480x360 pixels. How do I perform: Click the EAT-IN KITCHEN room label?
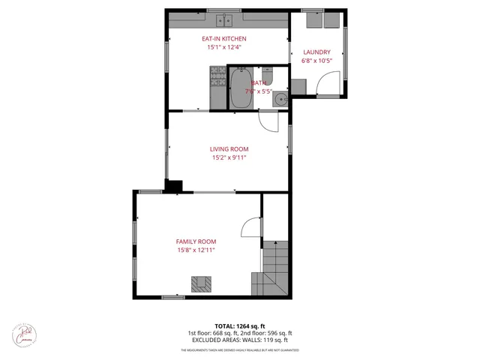[x=224, y=38]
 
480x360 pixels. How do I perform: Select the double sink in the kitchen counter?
[x=225, y=20]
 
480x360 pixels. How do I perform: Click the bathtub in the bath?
[x=241, y=88]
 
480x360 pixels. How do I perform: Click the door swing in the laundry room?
[x=327, y=88]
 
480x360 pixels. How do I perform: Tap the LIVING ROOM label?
[x=228, y=149]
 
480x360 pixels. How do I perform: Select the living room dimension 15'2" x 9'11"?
[x=228, y=158]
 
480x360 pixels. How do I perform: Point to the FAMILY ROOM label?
[x=196, y=241]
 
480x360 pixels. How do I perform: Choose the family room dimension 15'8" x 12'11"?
[x=196, y=250]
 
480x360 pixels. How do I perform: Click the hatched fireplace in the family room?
[x=200, y=283]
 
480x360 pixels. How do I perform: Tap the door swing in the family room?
[x=250, y=228]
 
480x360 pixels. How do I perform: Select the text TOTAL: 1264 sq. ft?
[x=240, y=326]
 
